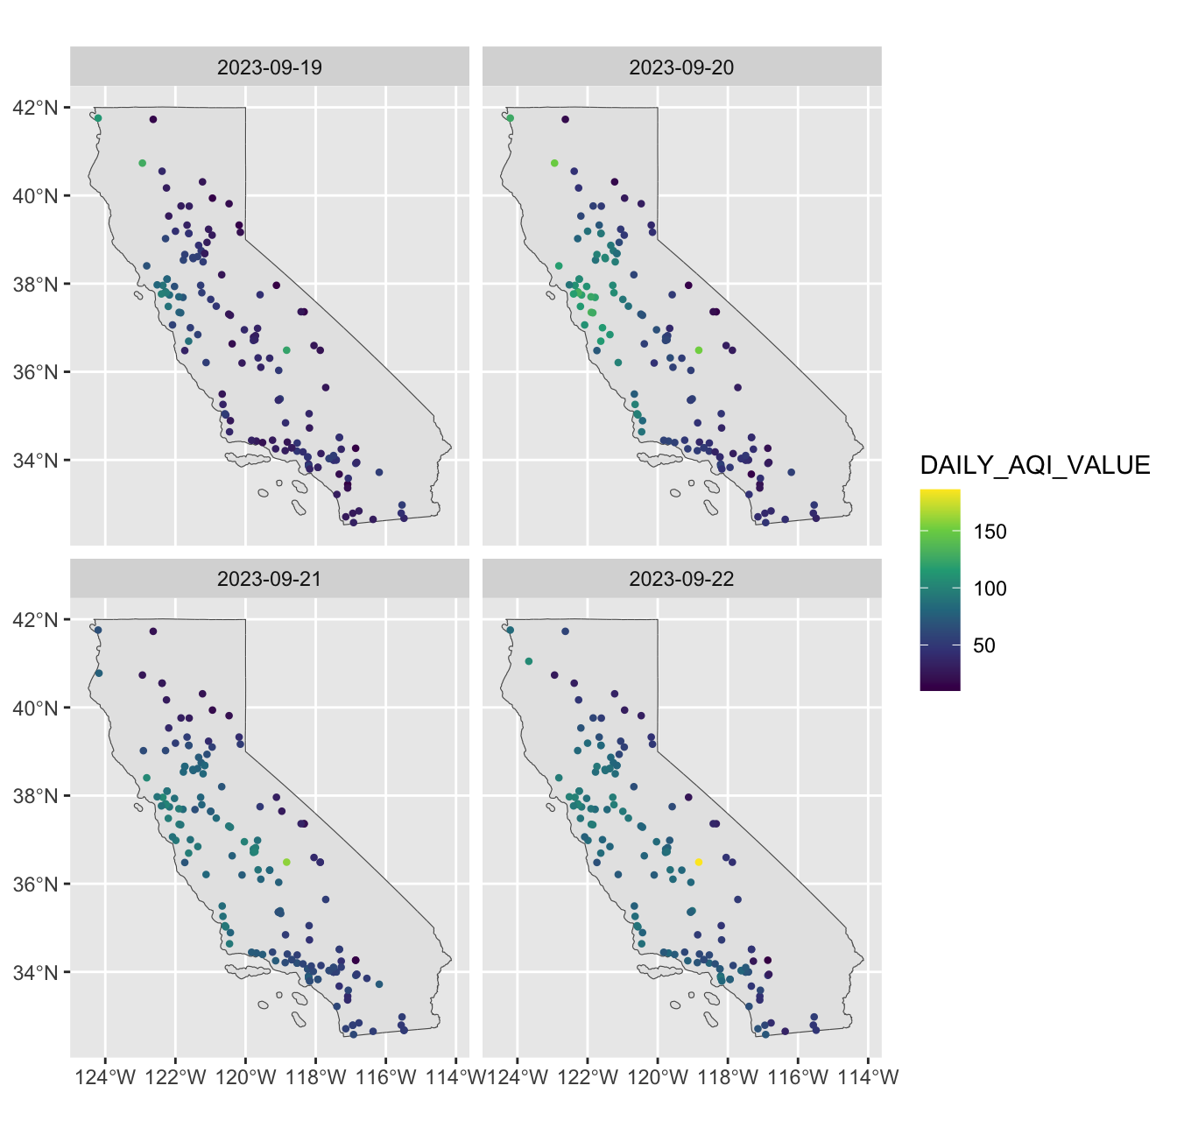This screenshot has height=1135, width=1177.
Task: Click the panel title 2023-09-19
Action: pyautogui.click(x=269, y=67)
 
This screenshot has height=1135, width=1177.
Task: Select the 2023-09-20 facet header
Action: pyautogui.click(x=681, y=67)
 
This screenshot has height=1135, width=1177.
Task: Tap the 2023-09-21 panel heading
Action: pyautogui.click(x=269, y=579)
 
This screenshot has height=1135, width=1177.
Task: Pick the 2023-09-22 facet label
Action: pyautogui.click(x=681, y=579)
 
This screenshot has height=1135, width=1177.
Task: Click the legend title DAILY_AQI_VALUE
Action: pyautogui.click(x=1035, y=465)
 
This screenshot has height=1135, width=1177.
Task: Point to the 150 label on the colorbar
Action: pyautogui.click(x=990, y=532)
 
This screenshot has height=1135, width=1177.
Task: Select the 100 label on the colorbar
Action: pyautogui.click(x=990, y=589)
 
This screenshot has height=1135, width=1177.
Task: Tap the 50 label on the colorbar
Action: pyautogui.click(x=983, y=645)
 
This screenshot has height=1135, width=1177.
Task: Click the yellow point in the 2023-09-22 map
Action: pyautogui.click(x=699, y=862)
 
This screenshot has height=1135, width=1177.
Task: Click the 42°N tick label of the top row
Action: pyautogui.click(x=35, y=108)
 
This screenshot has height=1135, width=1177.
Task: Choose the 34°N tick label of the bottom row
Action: pyautogui.click(x=35, y=972)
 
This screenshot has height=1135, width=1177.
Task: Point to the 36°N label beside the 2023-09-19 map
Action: pyautogui.click(x=35, y=372)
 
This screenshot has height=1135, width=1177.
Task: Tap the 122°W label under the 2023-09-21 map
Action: pyautogui.click(x=176, y=1077)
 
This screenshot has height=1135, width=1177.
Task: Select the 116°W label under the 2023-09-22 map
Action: pyautogui.click(x=798, y=1077)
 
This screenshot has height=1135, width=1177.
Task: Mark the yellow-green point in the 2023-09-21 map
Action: pyautogui.click(x=286, y=862)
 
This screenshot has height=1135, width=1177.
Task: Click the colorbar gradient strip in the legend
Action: pyautogui.click(x=940, y=589)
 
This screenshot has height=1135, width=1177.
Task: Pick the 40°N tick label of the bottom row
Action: pyautogui.click(x=35, y=708)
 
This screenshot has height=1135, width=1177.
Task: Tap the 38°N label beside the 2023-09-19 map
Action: pyautogui.click(x=35, y=284)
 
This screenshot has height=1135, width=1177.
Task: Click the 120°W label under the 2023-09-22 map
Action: pyautogui.click(x=658, y=1077)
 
